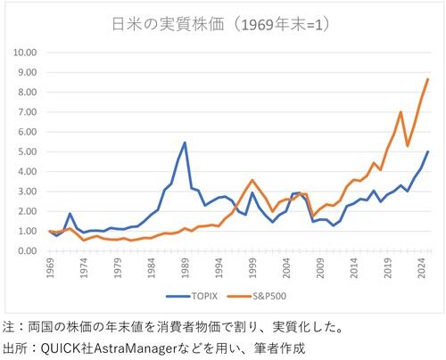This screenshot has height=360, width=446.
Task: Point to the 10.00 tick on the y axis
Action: click(25, 52)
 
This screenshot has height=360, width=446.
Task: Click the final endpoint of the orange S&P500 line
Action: click(428, 79)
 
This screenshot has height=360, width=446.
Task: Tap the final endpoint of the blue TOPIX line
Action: click(428, 151)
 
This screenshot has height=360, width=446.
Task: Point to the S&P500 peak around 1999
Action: click(252, 180)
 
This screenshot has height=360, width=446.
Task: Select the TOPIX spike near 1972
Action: click(70, 214)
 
